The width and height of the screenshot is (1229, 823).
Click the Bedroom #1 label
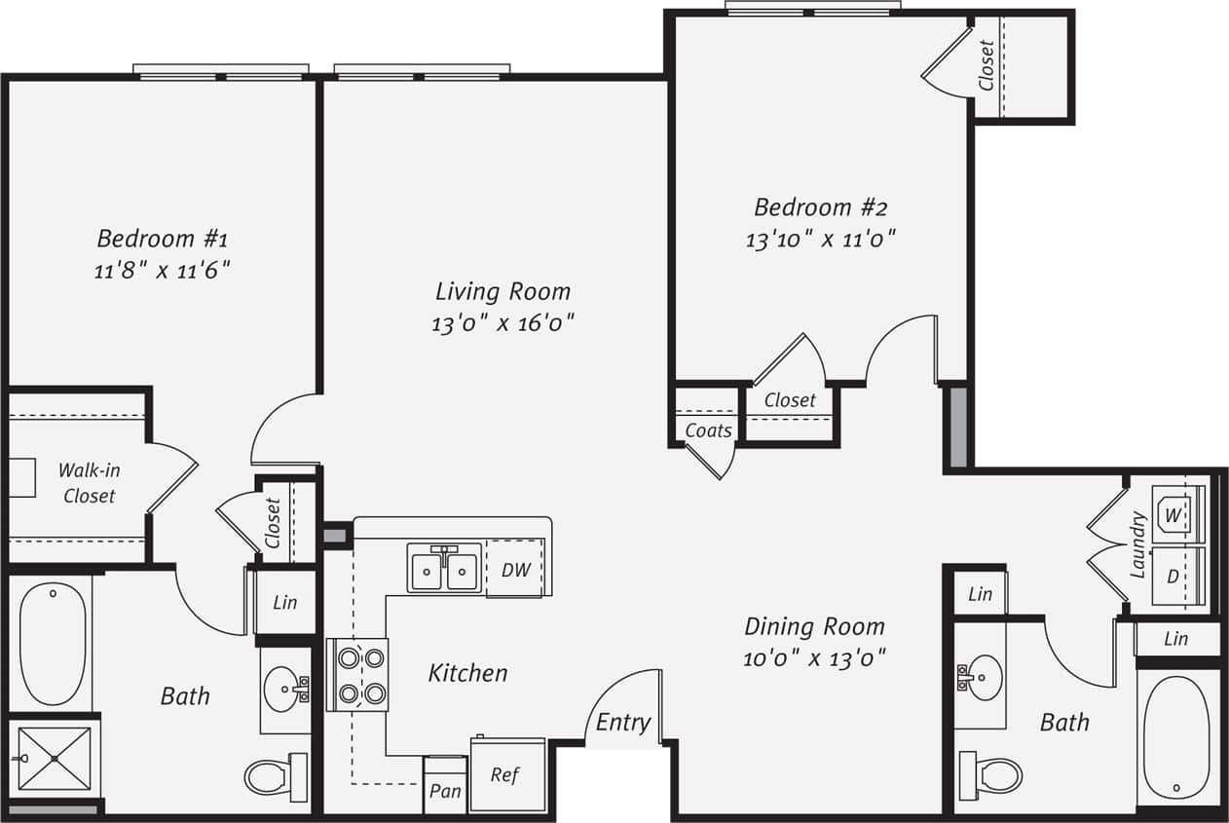coord(162,238)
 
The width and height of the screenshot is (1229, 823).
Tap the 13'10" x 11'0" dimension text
coord(820,240)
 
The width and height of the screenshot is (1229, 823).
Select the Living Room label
coord(503,291)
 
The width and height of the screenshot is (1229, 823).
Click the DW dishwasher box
coord(515,570)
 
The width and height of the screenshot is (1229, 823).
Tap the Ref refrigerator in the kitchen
coord(506,775)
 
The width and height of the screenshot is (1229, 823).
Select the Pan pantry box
coord(445,790)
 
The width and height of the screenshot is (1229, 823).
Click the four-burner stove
coord(357,675)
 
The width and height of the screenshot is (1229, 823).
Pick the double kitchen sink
coord(444,571)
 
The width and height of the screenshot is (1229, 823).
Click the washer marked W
coord(1175,513)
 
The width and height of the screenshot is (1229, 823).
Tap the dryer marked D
coord(1175,576)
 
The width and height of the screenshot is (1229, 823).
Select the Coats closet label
coord(708,430)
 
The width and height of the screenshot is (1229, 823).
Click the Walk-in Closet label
coord(89,483)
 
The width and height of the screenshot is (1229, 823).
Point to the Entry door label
coord(622,722)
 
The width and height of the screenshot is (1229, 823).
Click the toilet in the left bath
coord(274,776)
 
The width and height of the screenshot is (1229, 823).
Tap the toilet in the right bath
coord(991,776)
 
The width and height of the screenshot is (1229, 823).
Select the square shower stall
coord(54,758)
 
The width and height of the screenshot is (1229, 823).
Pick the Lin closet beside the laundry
coord(1176,639)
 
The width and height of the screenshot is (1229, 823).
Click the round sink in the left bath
coord(284,689)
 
